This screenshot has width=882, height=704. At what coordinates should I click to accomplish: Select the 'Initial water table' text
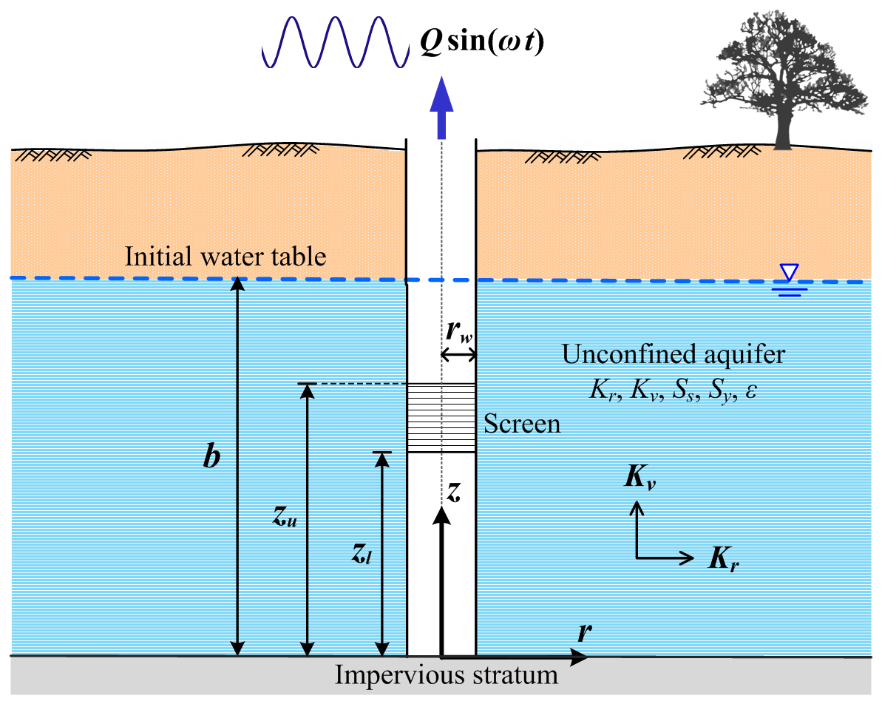pos(225,257)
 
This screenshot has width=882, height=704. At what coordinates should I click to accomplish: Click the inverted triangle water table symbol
pos(789,273)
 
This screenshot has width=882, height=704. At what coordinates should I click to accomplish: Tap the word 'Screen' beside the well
pos(522,424)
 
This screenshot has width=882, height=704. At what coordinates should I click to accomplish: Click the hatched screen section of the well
pos(441,418)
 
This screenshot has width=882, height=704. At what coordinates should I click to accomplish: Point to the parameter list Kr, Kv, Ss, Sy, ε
pos(672,392)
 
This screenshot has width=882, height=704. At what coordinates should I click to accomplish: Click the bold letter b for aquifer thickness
pos(211,458)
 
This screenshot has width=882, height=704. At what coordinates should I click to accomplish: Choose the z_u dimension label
pos(285,517)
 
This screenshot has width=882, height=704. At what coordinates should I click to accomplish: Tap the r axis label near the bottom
pos(584,633)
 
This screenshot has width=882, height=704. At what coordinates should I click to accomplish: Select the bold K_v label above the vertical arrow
pos(641,478)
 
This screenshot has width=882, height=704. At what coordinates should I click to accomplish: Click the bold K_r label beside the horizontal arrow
pos(724,559)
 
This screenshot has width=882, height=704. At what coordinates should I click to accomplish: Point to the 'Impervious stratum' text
pos(445,675)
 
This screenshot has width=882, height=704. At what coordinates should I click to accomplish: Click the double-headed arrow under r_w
pos(458,356)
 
